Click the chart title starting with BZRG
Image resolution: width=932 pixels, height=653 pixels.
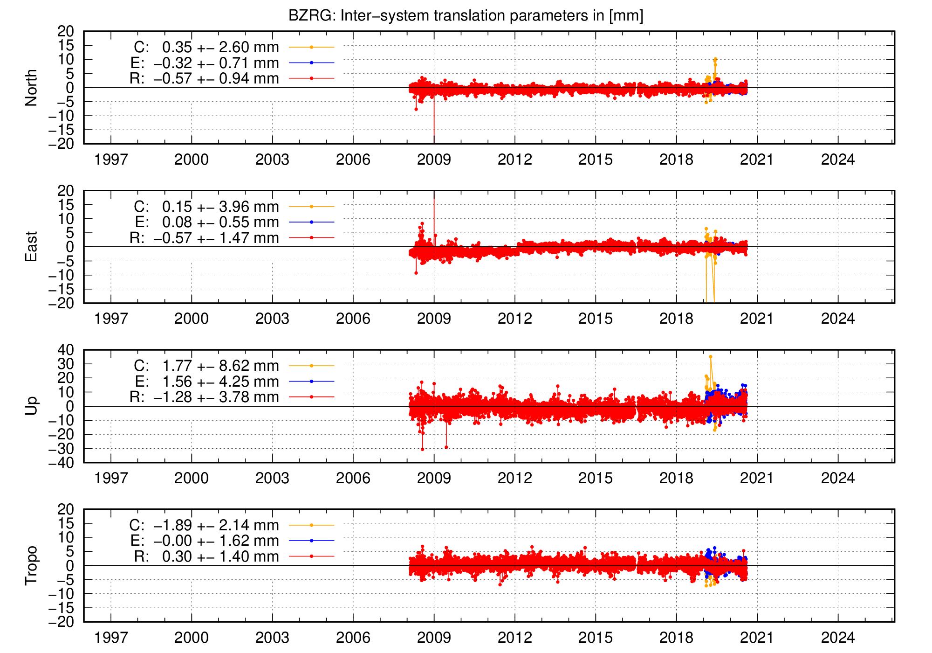pos(466,16)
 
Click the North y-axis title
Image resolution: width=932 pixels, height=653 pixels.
pos(31,88)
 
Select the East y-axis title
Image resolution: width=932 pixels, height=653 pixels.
pos(31,247)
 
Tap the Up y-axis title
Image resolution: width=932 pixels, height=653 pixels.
pos(31,406)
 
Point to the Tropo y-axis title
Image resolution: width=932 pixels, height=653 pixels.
pos(31,565)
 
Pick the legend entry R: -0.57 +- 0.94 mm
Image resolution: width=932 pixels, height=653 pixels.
pos(204,78)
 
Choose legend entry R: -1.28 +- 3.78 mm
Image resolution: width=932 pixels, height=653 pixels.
pos(204,397)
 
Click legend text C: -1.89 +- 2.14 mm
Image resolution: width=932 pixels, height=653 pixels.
pos(204,525)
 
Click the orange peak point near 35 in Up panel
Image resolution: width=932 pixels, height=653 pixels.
pos(710,357)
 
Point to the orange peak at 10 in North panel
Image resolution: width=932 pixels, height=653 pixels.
pos(715,59)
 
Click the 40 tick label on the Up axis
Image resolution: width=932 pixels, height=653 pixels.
pos(65,349)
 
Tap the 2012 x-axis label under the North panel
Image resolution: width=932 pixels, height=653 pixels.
pos(514,160)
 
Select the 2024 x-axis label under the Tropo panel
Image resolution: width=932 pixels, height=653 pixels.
pos(838,638)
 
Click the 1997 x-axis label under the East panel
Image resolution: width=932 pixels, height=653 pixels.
pos(111,319)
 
